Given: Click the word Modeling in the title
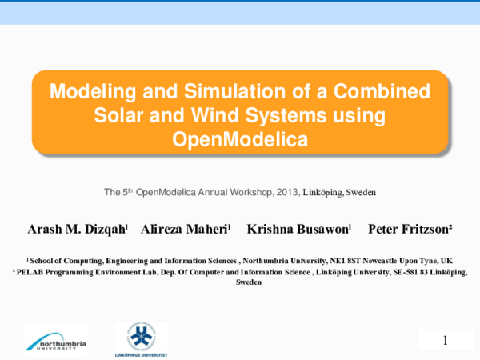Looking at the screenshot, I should click(86, 90).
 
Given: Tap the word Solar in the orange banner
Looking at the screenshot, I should click(120, 114).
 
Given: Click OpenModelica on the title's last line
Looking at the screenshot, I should click(240, 139).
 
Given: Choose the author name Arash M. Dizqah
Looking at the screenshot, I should click(77, 230).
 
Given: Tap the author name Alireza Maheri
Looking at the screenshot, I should click(186, 230).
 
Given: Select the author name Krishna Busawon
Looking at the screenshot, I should click(298, 230).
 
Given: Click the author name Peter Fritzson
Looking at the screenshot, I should click(410, 230).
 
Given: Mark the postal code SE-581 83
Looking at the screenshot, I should click(413, 272).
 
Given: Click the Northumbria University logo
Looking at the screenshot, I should click(55, 340).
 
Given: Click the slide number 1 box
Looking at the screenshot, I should click(445, 339).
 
